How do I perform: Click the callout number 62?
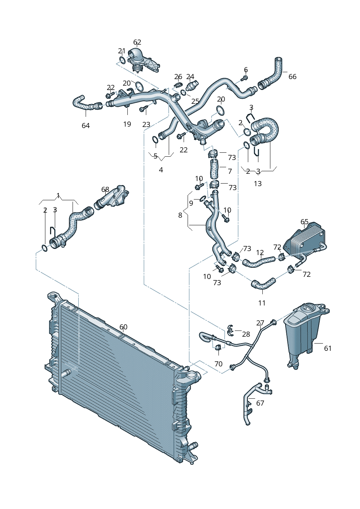137,42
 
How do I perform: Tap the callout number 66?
292,77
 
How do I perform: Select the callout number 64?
86,126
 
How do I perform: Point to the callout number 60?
123,327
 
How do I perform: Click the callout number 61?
328,348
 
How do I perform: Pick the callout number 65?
304,222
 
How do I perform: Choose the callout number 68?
105,189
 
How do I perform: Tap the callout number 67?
260,403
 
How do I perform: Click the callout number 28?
246,334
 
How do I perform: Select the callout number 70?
218,364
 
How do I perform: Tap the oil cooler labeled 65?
305,241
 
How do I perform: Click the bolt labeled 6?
244,78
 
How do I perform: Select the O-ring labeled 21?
122,60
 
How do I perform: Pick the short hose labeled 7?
214,169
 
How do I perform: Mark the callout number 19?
127,124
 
